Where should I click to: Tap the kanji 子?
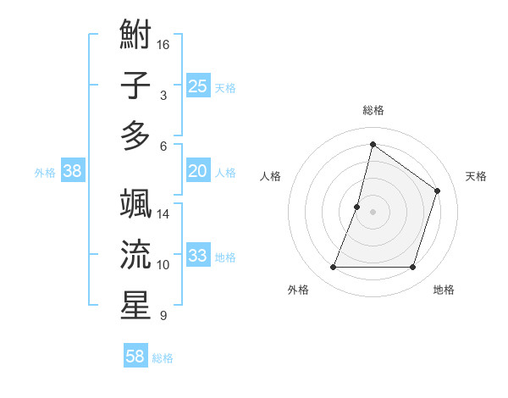(x=135, y=86)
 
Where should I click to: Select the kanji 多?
(x=135, y=135)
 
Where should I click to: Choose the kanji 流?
(x=135, y=255)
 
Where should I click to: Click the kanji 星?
(x=135, y=305)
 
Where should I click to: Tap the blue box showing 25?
(x=198, y=86)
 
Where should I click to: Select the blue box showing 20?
(x=198, y=171)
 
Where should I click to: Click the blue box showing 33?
(x=198, y=256)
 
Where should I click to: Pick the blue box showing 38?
(x=73, y=171)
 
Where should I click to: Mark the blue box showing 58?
(x=135, y=357)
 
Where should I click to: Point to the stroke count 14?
(x=163, y=214)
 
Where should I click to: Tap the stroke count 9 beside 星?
(x=163, y=316)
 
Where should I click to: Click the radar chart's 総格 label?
(x=373, y=110)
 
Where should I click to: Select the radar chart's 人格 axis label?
(x=271, y=176)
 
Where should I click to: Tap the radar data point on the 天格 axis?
(x=438, y=191)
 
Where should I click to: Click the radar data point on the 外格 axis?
(x=333, y=268)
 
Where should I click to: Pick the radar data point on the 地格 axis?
(x=413, y=268)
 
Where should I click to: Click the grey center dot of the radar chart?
(x=373, y=212)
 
